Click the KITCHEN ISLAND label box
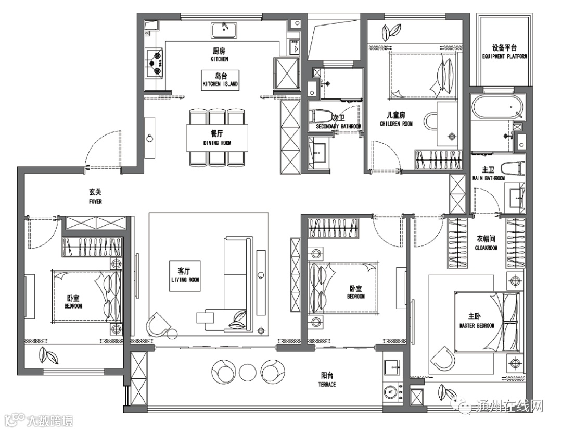[x=220, y=80]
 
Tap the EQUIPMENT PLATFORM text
[x=505, y=56]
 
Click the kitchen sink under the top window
[x=224, y=30]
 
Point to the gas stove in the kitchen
[x=155, y=64]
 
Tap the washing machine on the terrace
[x=393, y=392]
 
